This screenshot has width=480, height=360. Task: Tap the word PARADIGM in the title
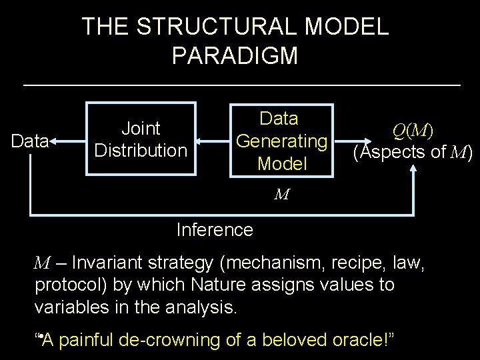point(234,55)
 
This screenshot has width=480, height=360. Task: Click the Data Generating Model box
point(281,140)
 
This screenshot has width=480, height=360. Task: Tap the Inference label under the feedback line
point(214,230)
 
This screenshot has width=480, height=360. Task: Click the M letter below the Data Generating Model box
point(281,195)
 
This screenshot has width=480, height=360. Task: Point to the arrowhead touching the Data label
point(53,141)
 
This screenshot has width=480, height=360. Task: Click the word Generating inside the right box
point(282,141)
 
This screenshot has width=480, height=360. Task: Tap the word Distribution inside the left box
point(141,150)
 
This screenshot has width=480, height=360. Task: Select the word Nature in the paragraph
point(221,285)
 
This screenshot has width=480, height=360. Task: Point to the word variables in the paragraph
point(69,309)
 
